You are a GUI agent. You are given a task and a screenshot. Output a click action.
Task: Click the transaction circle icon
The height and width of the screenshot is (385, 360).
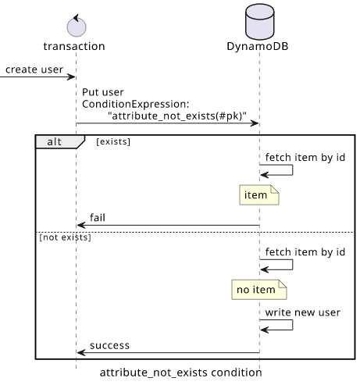tap(77, 26)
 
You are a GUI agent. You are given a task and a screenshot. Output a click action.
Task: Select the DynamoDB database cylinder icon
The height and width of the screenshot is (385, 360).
tap(260, 22)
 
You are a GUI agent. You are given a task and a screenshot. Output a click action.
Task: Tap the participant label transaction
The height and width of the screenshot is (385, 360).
tap(74, 46)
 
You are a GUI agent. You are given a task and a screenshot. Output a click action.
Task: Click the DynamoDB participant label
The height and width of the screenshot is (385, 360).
tap(258, 46)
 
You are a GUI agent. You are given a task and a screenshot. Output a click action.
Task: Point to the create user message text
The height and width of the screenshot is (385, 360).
tap(34, 70)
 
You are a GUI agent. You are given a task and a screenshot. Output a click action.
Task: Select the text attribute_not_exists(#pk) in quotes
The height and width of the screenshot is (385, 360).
tap(177, 116)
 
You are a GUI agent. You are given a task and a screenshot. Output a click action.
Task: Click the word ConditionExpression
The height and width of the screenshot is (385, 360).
tap(134, 104)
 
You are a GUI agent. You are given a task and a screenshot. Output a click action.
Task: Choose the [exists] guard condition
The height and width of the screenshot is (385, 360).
tap(113, 141)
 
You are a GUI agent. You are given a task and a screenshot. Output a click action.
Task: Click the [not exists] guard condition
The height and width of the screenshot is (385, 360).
tap(65, 237)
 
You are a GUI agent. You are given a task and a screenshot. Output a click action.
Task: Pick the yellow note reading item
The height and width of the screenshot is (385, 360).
tap(259, 194)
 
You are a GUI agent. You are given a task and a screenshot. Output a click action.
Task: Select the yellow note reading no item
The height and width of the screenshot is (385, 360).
tap(259, 290)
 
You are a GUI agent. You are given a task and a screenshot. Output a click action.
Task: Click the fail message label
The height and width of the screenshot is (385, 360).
tap(98, 218)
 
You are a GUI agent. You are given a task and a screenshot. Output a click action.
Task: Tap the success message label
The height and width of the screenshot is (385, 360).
tap(109, 345)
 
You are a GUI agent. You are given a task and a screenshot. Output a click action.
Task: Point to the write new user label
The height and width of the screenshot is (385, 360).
tap(303, 312)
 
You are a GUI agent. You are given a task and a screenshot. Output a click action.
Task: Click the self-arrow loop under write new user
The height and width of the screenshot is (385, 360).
tap(293, 325)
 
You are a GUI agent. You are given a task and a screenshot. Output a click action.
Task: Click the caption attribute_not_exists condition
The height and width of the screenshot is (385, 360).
tap(181, 373)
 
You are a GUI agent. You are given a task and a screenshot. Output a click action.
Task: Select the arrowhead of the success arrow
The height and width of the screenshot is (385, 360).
tap(81, 353)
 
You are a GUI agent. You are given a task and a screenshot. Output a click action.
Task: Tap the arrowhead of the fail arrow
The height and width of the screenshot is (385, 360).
tap(81, 225)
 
